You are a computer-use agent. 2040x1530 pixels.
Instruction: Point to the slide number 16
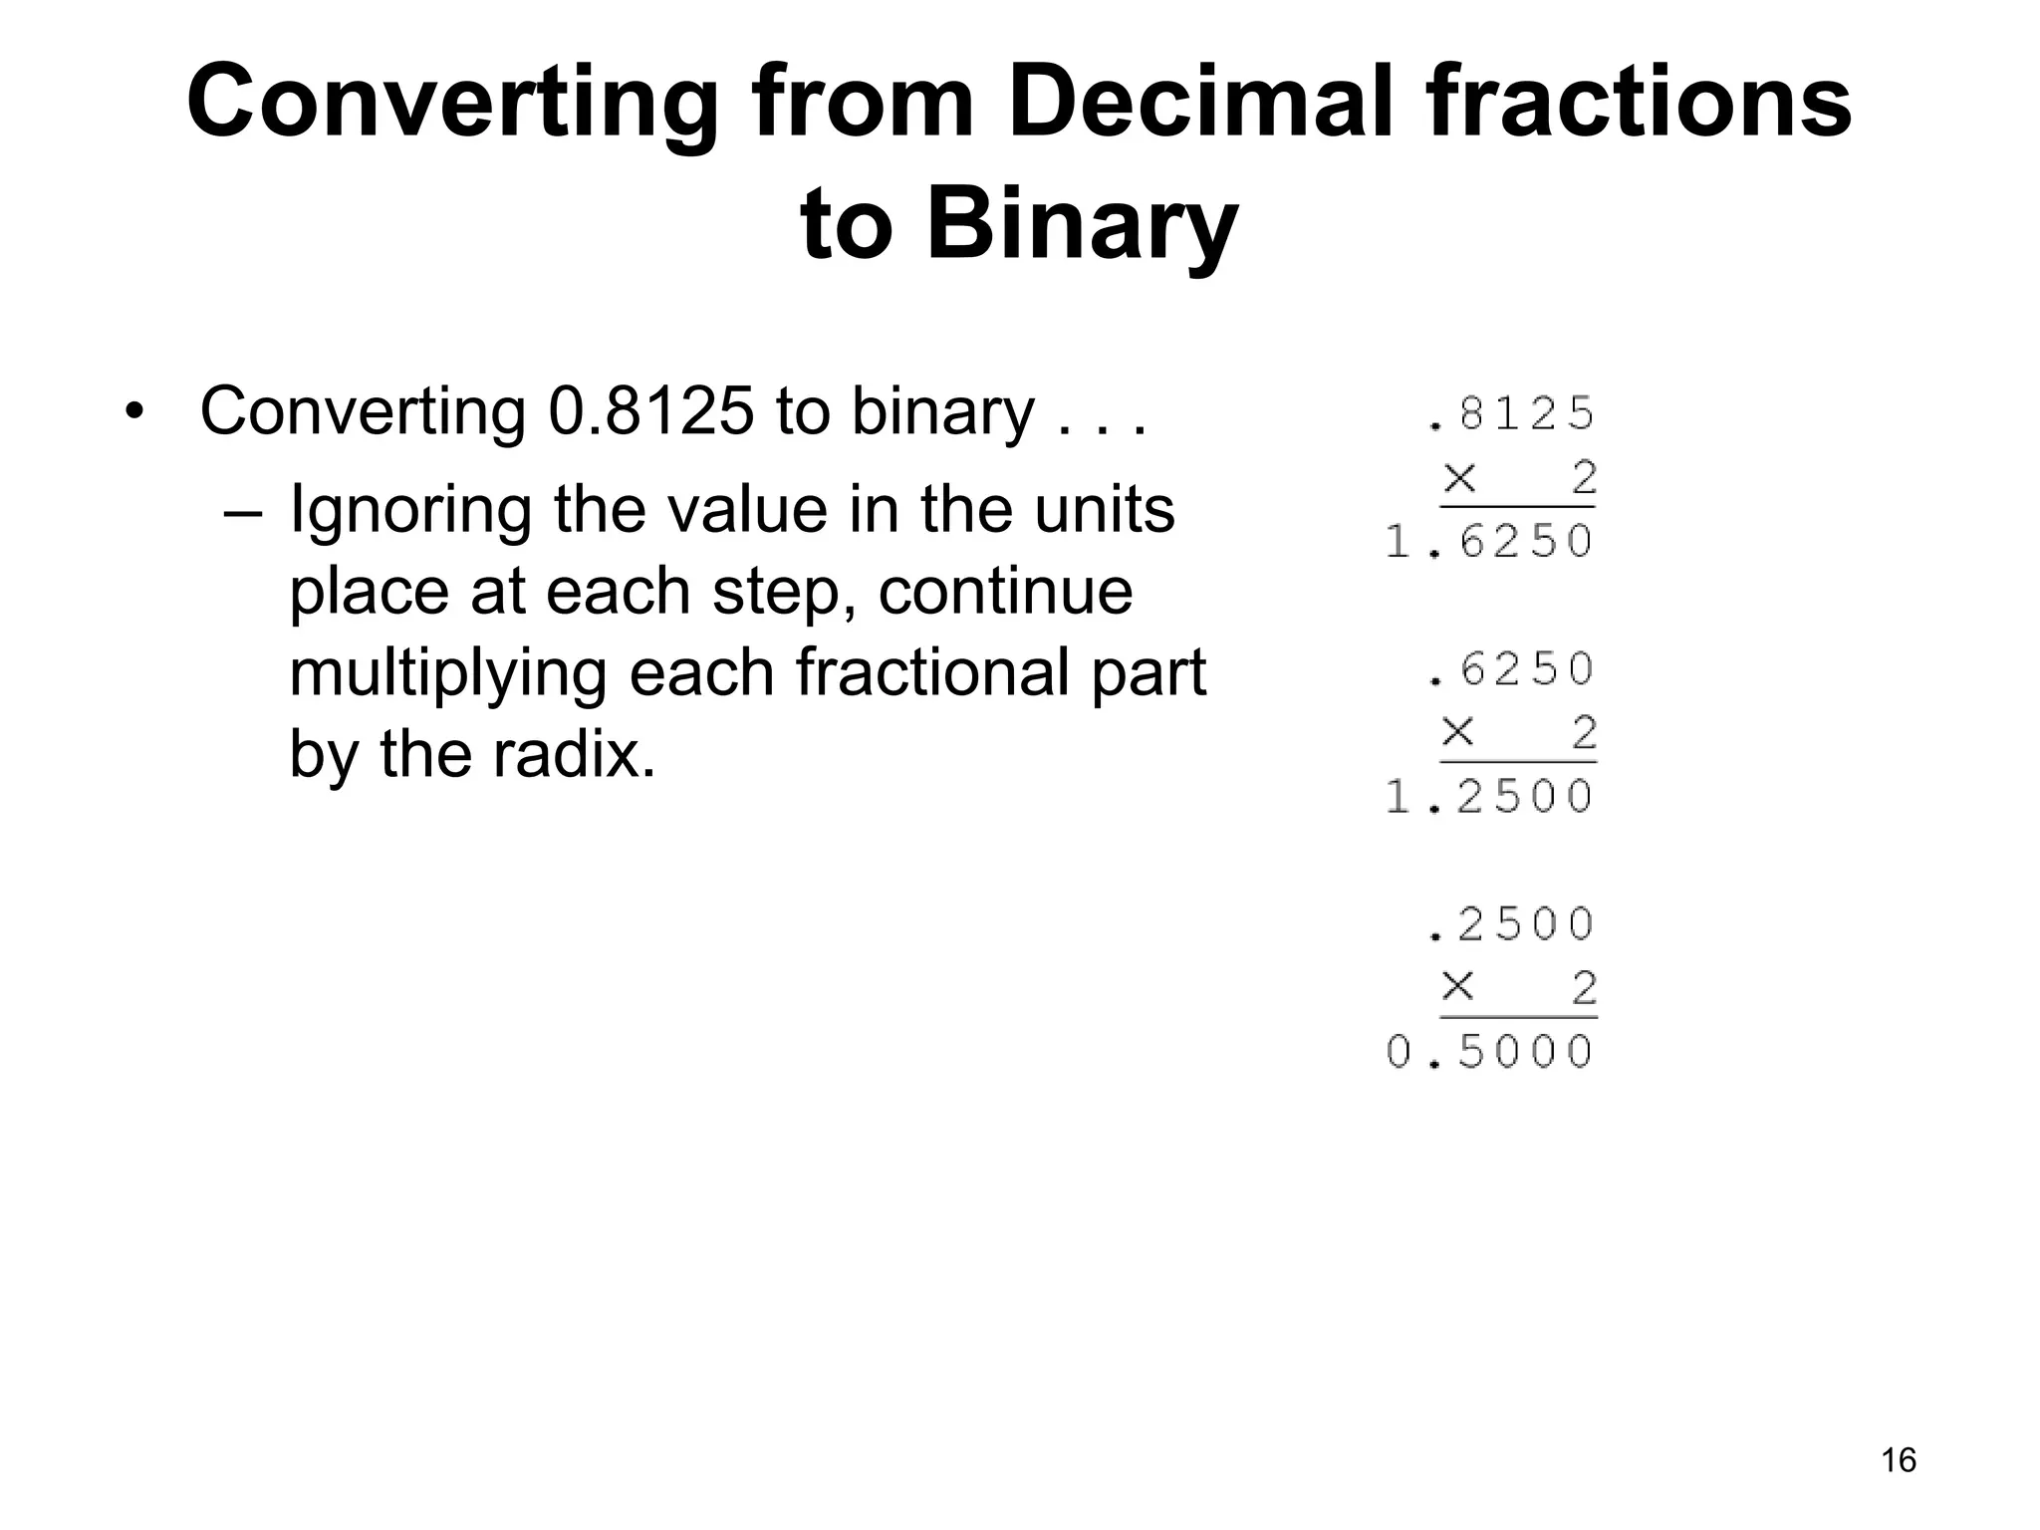1899,1460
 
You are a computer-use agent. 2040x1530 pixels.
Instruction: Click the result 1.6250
1490,542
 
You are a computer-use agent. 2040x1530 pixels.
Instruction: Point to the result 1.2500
1490,797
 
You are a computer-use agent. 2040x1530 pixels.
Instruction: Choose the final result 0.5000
1490,1052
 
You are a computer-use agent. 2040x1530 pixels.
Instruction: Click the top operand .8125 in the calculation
1511,413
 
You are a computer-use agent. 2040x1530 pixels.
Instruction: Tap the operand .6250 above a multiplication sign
1511,669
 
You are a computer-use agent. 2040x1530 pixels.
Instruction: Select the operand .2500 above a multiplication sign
1511,924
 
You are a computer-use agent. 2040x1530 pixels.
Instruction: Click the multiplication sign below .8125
1459,478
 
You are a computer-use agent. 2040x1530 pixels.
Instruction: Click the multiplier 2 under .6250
1584,733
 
